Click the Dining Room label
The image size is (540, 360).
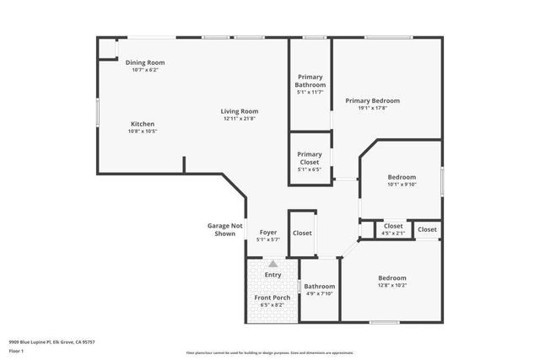[145, 62]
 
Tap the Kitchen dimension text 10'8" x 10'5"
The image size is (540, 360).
[142, 132]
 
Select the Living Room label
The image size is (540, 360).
[240, 111]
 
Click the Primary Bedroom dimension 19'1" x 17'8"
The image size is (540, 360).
[372, 108]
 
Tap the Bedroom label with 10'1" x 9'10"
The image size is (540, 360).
[402, 177]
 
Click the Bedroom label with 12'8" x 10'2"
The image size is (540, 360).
[392, 278]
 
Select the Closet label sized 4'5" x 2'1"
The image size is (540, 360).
[393, 226]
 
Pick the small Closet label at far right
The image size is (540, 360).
[427, 229]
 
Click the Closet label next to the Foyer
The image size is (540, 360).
[302, 233]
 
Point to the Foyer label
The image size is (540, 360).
[267, 233]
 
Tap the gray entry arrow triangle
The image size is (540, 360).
[273, 265]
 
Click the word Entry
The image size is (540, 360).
[273, 275]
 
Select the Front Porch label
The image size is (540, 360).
[272, 298]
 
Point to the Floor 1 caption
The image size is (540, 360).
[17, 350]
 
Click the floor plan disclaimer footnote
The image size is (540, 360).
[270, 352]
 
